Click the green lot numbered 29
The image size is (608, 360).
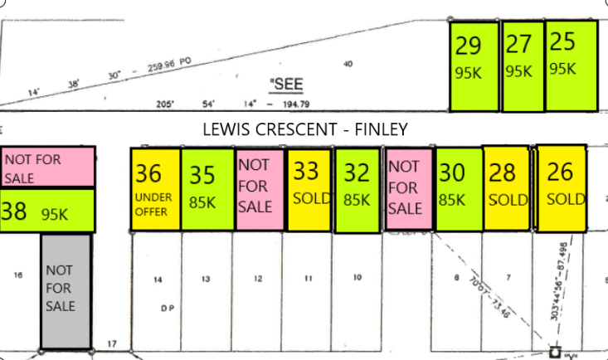(x=474, y=66)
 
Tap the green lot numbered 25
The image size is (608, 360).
(x=571, y=66)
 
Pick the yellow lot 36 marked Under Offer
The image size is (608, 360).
(x=156, y=190)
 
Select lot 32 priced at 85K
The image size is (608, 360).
(x=358, y=190)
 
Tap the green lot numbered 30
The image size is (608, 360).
(x=459, y=189)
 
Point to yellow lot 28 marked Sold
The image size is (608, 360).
(x=506, y=189)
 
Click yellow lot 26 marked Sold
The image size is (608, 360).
(x=562, y=189)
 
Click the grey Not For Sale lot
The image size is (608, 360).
(x=66, y=290)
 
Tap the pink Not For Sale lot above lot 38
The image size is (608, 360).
(x=47, y=167)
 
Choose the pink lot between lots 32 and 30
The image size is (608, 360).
(x=408, y=190)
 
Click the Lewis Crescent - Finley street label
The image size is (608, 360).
(x=305, y=129)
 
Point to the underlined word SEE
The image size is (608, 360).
(x=287, y=84)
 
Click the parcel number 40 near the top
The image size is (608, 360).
(x=348, y=63)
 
